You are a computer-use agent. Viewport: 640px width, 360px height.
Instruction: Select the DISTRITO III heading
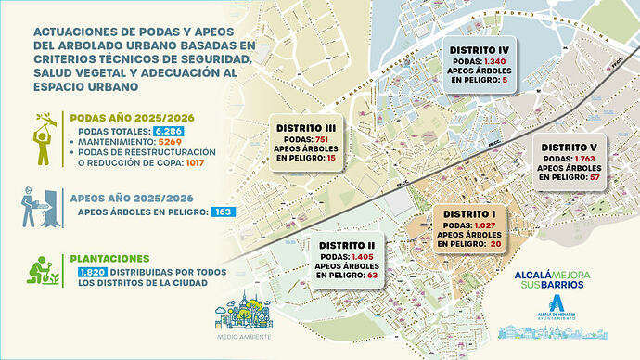[305, 128]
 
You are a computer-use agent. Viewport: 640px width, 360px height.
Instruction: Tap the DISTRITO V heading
[569, 147]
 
